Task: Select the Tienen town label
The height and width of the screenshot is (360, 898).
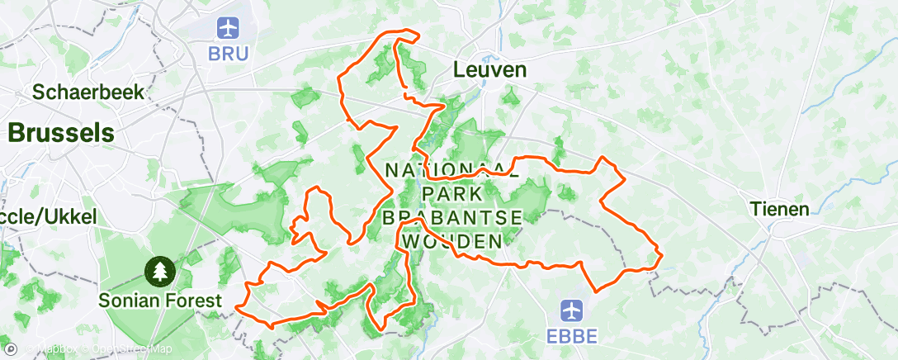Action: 780,209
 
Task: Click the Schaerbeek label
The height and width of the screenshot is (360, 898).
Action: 88,91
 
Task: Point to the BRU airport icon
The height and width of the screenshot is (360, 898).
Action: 227,28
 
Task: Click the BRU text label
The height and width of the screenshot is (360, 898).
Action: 227,53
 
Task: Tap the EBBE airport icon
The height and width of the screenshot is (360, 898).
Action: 572,310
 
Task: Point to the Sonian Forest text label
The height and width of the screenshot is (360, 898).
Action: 160,299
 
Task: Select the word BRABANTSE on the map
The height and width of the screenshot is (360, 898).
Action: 453,217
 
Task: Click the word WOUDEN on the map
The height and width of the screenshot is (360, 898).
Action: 453,241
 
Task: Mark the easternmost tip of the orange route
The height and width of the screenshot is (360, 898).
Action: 662,258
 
